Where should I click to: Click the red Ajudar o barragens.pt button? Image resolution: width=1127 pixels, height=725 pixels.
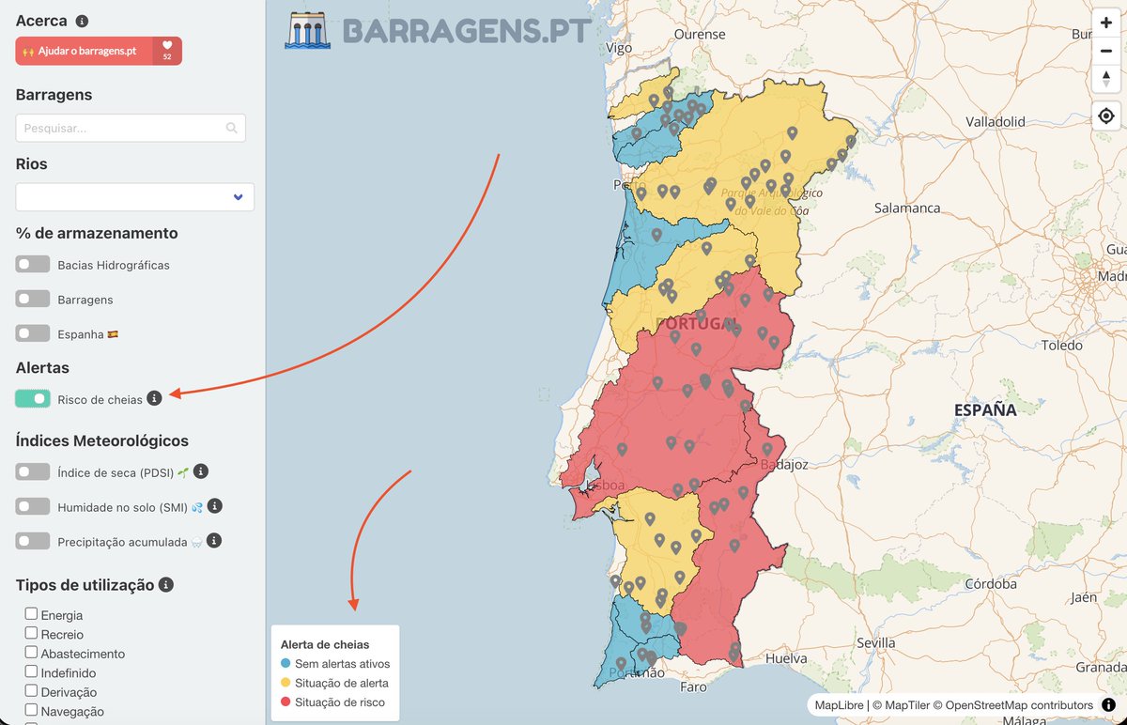pos(85,51)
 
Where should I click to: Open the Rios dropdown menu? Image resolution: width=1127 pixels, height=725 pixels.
pos(134,197)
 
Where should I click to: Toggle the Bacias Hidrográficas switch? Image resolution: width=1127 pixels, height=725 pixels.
pos(33,265)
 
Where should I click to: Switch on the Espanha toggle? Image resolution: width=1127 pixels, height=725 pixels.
pos(33,333)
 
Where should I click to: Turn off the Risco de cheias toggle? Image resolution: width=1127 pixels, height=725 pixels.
pos(33,399)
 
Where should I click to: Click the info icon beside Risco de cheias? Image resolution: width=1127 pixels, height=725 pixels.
pos(155,398)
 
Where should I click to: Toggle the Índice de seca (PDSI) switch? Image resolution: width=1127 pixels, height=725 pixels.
pos(33,472)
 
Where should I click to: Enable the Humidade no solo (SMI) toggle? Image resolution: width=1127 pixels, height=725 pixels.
pos(33,506)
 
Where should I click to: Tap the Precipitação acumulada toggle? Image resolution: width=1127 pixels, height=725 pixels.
pos(33,541)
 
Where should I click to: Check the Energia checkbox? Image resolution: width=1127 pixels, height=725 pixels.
pos(32,614)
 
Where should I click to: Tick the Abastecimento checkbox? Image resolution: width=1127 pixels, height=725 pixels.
pos(32,653)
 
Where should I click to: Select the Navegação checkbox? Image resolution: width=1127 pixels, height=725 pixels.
pos(32,711)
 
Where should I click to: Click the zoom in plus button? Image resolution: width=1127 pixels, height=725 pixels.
pos(1106,23)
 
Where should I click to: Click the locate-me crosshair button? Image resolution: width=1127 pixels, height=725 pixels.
pos(1106,116)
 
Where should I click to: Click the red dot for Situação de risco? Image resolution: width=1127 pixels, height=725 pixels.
pos(286,702)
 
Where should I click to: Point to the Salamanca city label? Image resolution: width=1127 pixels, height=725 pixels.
pos(906,208)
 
